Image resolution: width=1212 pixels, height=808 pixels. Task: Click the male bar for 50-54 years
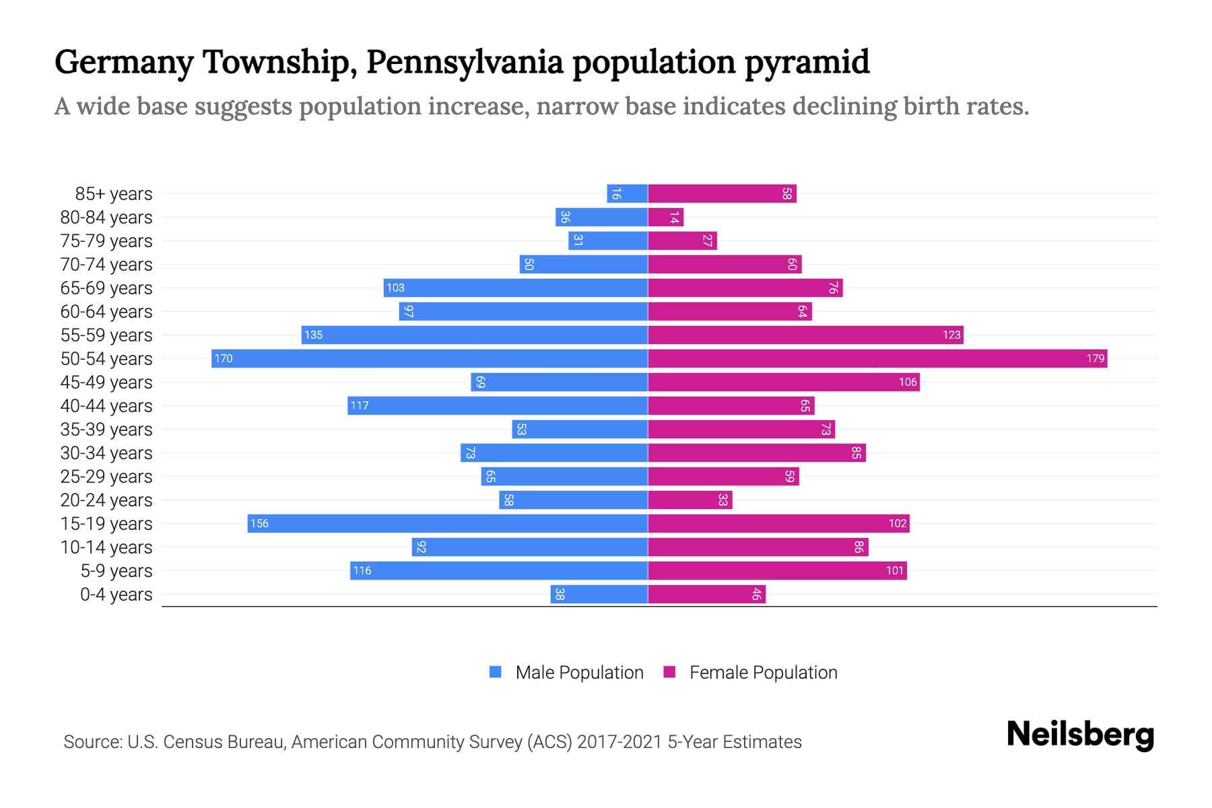[430, 358]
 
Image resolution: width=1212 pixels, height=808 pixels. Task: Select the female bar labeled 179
[877, 358]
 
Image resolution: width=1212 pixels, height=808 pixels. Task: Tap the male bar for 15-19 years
[447, 523]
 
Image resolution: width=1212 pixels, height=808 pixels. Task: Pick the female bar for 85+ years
[722, 193]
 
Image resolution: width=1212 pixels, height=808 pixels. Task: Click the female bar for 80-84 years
[665, 217]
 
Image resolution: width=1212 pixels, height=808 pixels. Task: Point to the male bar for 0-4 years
[599, 594]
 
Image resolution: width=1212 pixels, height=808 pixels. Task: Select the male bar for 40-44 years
[498, 405]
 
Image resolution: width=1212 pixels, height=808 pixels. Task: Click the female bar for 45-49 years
[783, 382]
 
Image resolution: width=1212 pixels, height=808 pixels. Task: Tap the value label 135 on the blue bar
[313, 335]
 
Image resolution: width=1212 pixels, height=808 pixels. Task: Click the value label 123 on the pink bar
[951, 335]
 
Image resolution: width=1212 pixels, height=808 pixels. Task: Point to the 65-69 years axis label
[106, 288]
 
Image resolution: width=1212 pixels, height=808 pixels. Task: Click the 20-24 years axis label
[106, 500]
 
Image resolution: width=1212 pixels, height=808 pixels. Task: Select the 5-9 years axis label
[116, 570]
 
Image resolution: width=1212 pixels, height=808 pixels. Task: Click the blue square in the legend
[496, 672]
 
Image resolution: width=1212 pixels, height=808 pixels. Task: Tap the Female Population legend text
[763, 672]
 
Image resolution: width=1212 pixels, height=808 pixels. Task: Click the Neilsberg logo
[1080, 735]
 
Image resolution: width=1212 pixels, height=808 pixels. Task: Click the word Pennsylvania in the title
[465, 62]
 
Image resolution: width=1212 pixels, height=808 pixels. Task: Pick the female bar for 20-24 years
[689, 500]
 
